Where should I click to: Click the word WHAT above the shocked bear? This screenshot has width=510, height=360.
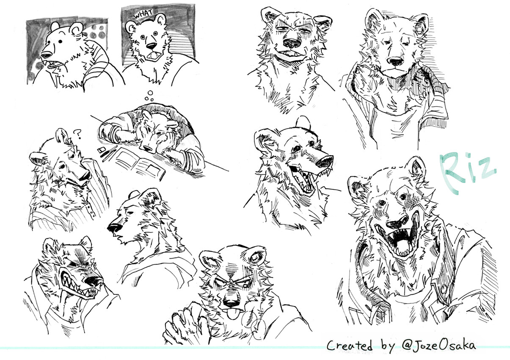[x=143, y=14]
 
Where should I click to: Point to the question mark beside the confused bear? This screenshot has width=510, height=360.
[x=77, y=134]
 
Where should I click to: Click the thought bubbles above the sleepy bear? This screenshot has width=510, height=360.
[x=149, y=96]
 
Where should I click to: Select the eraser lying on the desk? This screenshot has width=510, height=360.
[x=102, y=150]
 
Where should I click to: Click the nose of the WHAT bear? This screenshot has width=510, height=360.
[x=151, y=46]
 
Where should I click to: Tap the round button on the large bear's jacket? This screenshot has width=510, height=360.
[x=444, y=290]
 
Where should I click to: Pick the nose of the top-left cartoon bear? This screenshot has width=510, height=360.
[x=46, y=55]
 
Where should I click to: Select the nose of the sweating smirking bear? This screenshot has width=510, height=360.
[x=292, y=43]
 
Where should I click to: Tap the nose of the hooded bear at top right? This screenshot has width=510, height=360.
[x=395, y=61]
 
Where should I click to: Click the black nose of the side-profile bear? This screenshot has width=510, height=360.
[x=115, y=227]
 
